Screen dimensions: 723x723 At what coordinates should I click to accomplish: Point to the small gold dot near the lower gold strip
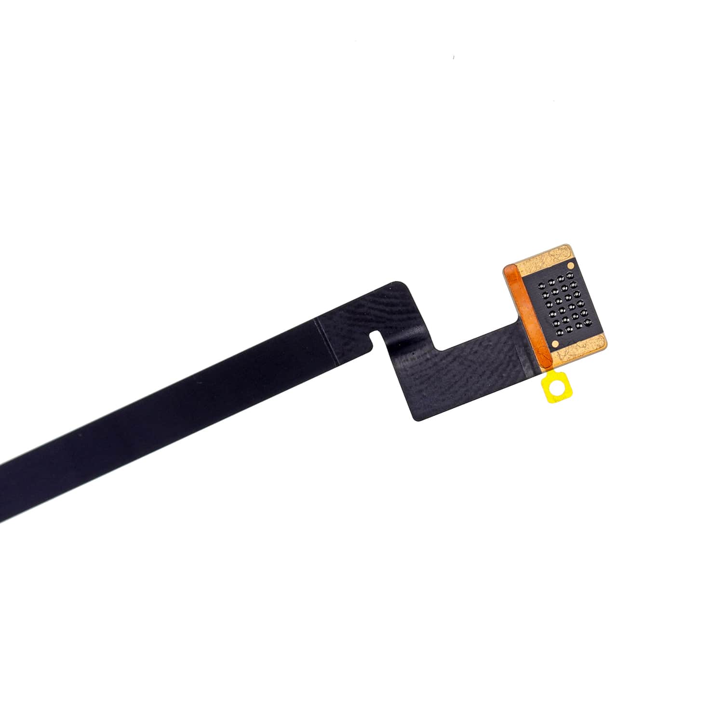[x=554, y=343]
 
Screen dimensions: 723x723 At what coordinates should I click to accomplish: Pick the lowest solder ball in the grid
[x=560, y=332]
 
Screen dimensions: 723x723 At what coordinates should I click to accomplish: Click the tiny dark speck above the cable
[x=453, y=58]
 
